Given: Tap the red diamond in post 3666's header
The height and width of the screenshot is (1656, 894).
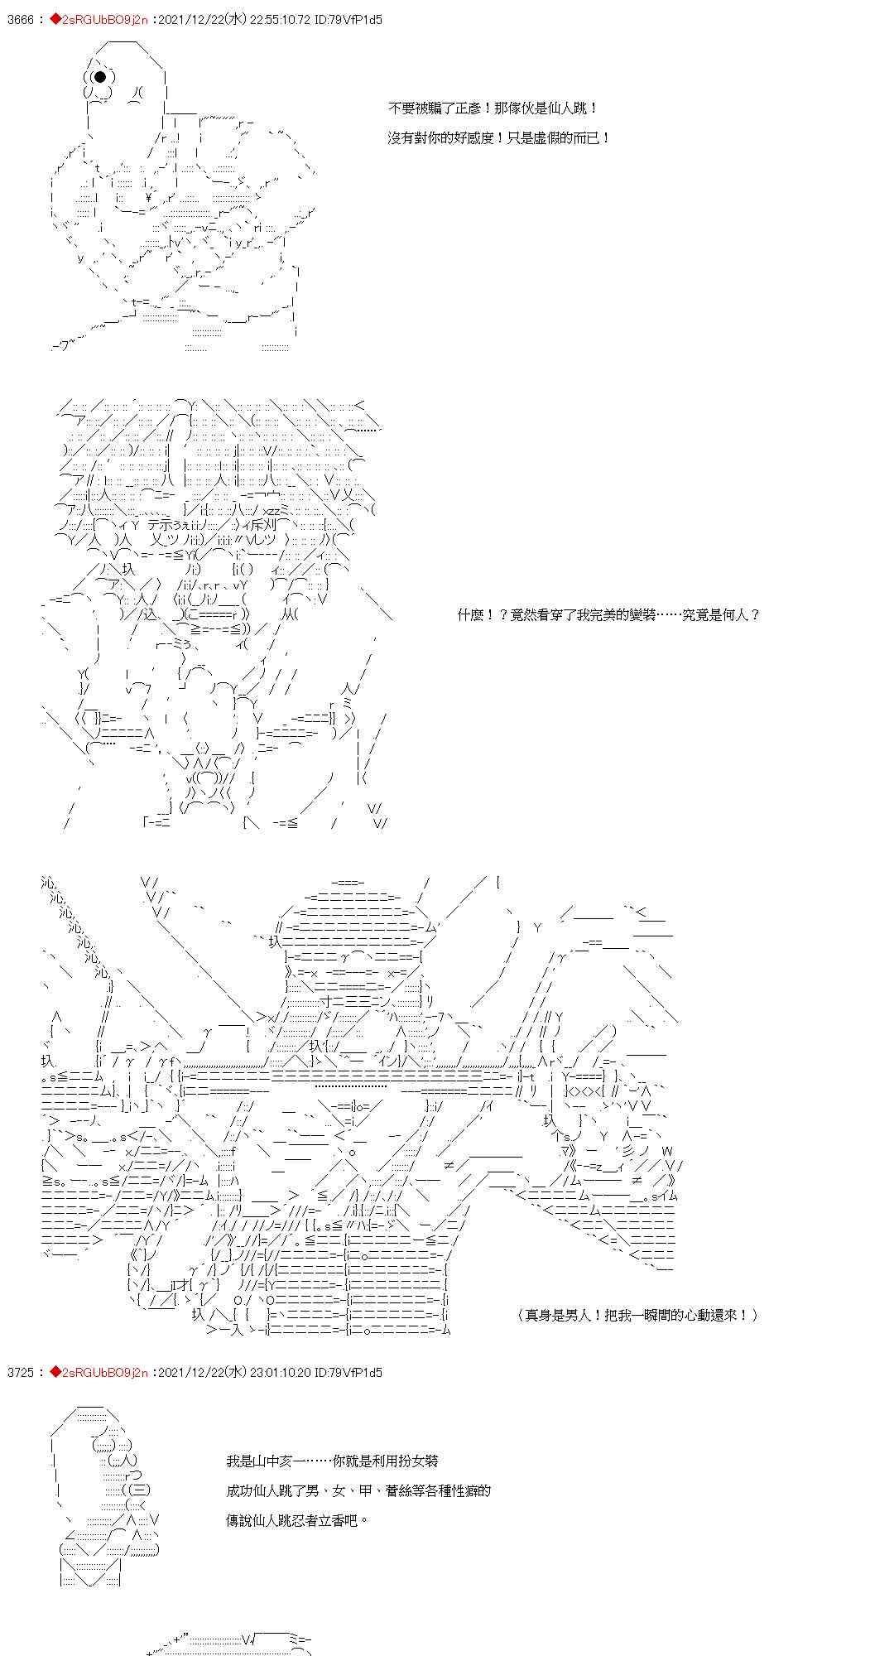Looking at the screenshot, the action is point(55,19).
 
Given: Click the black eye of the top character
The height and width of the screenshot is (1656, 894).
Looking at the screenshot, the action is point(100,77).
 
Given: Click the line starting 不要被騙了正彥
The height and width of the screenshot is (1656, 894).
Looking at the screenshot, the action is point(492,108).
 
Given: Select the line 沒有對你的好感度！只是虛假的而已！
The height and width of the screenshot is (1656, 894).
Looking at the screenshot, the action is point(498,137).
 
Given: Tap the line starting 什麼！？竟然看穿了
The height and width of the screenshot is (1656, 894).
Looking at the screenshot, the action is point(608,614).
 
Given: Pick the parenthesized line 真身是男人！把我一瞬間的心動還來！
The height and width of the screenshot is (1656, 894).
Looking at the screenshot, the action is point(637,1314).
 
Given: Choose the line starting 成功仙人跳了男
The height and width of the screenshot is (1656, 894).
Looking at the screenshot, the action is point(358,1490).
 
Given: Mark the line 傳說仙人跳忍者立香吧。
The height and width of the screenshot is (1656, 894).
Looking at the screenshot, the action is point(297,1520).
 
